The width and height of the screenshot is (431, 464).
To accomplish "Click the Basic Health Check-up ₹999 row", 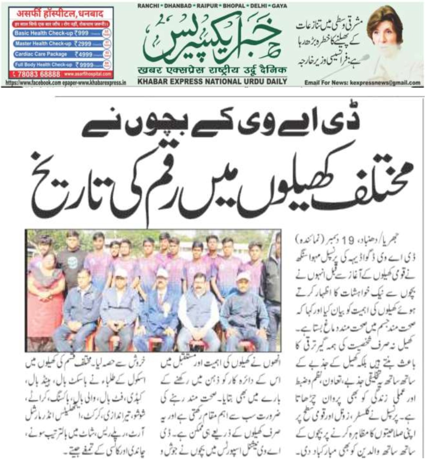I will (x=58, y=33).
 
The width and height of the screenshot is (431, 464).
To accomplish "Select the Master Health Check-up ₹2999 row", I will (x=58, y=44).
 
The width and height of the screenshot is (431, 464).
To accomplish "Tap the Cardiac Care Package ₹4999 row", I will (x=58, y=54).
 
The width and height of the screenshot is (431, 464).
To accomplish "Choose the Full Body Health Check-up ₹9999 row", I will (x=58, y=65).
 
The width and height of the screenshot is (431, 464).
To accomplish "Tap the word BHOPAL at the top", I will (x=233, y=6).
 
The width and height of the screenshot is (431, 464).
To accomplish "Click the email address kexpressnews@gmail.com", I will (x=385, y=83).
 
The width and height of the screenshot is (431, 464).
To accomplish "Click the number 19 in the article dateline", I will (x=347, y=240).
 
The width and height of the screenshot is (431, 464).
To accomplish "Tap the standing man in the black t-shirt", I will (x=72, y=261).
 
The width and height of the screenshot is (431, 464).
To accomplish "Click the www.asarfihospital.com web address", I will (x=88, y=74).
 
